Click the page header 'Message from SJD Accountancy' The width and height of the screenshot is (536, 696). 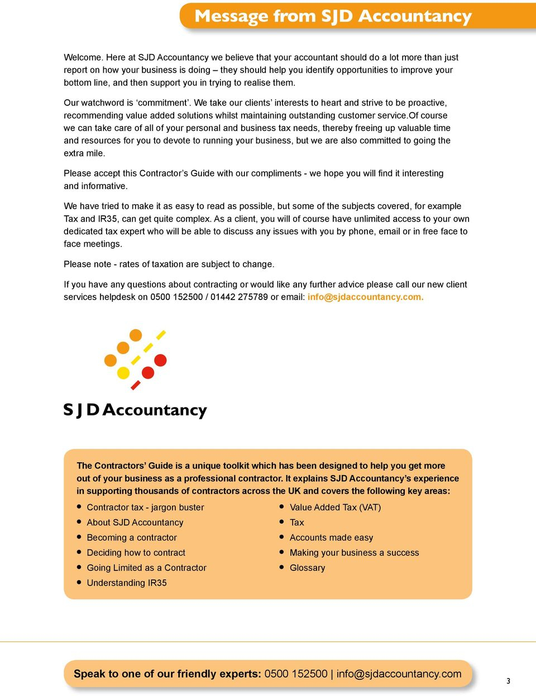pyautogui.click(x=333, y=16)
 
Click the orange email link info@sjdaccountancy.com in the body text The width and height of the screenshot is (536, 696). pyautogui.click(x=365, y=297)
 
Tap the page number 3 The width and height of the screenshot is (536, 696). pyautogui.click(x=508, y=680)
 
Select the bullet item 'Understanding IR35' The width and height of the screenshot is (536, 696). pyautogui.click(x=127, y=583)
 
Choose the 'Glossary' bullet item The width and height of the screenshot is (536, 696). pyautogui.click(x=307, y=568)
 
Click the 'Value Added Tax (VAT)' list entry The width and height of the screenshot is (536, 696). pyautogui.click(x=335, y=507)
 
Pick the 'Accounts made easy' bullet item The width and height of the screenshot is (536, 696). pyautogui.click(x=331, y=538)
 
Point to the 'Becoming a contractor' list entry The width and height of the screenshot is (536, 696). pyautogui.click(x=132, y=538)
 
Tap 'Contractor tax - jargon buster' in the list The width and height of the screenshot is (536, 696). pyautogui.click(x=145, y=507)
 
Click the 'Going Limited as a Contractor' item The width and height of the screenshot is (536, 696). pyautogui.click(x=146, y=568)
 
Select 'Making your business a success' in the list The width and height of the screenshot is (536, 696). pyautogui.click(x=354, y=553)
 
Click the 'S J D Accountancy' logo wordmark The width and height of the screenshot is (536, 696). pyautogui.click(x=135, y=410)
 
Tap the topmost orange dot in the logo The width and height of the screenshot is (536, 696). pyautogui.click(x=136, y=335)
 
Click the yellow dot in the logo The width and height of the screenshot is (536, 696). pyautogui.click(x=123, y=373)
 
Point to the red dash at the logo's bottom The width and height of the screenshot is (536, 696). pyautogui.click(x=136, y=385)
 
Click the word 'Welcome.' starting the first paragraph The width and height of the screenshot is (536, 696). pyautogui.click(x=84, y=57)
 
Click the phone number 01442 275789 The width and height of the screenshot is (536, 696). pyautogui.click(x=239, y=297)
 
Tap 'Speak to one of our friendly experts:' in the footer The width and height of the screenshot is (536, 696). pyautogui.click(x=167, y=674)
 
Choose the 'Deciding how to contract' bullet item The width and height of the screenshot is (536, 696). pyautogui.click(x=136, y=553)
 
